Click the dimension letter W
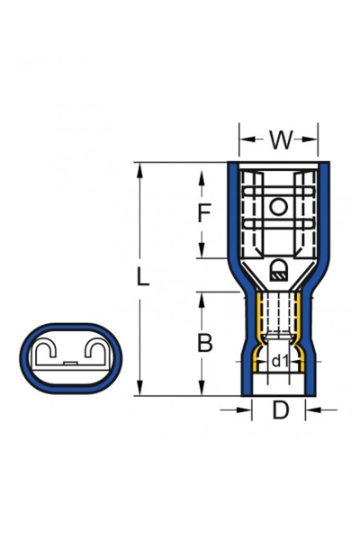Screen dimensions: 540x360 280,140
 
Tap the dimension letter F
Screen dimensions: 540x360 204,213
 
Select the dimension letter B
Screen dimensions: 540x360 205,343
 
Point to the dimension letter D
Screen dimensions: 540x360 280,411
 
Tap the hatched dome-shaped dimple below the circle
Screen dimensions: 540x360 279,267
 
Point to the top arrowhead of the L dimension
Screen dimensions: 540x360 140,166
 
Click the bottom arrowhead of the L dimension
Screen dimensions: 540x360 140,391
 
